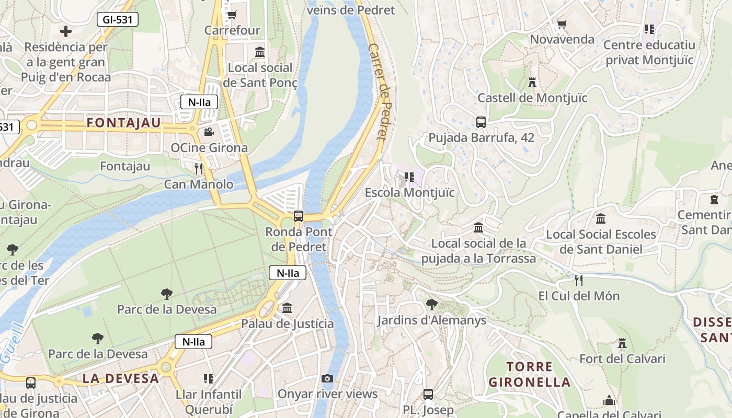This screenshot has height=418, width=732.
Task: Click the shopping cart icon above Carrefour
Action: [x=232, y=15]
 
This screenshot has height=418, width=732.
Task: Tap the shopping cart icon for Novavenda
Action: [x=562, y=24]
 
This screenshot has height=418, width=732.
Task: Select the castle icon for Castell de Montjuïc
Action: [x=532, y=83]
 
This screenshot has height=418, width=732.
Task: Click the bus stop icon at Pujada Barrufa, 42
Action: [x=481, y=122]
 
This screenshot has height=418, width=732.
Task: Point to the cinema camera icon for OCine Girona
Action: [x=209, y=132]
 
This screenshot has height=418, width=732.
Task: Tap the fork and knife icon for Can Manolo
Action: [x=199, y=168]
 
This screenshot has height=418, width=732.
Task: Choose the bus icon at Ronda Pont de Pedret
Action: [x=299, y=216]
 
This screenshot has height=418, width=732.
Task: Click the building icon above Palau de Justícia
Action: [x=287, y=308]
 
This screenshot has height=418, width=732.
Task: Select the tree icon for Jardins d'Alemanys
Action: [x=431, y=304]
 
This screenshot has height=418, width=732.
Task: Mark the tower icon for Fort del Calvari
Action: [x=622, y=343]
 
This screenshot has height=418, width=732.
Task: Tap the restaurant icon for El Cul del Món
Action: [x=578, y=280]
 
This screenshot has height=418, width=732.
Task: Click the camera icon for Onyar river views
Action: [x=327, y=378]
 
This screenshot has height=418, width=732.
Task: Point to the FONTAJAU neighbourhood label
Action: [x=124, y=123]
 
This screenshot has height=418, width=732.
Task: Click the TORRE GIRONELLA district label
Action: [x=529, y=375]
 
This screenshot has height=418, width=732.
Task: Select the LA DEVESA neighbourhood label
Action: [x=120, y=379]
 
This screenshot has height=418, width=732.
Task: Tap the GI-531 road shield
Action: [x=118, y=20]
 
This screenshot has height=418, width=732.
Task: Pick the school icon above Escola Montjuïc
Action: [x=409, y=177]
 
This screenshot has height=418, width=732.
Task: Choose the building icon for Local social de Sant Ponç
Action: [x=260, y=52]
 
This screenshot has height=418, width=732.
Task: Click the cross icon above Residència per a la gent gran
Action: [x=66, y=31]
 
